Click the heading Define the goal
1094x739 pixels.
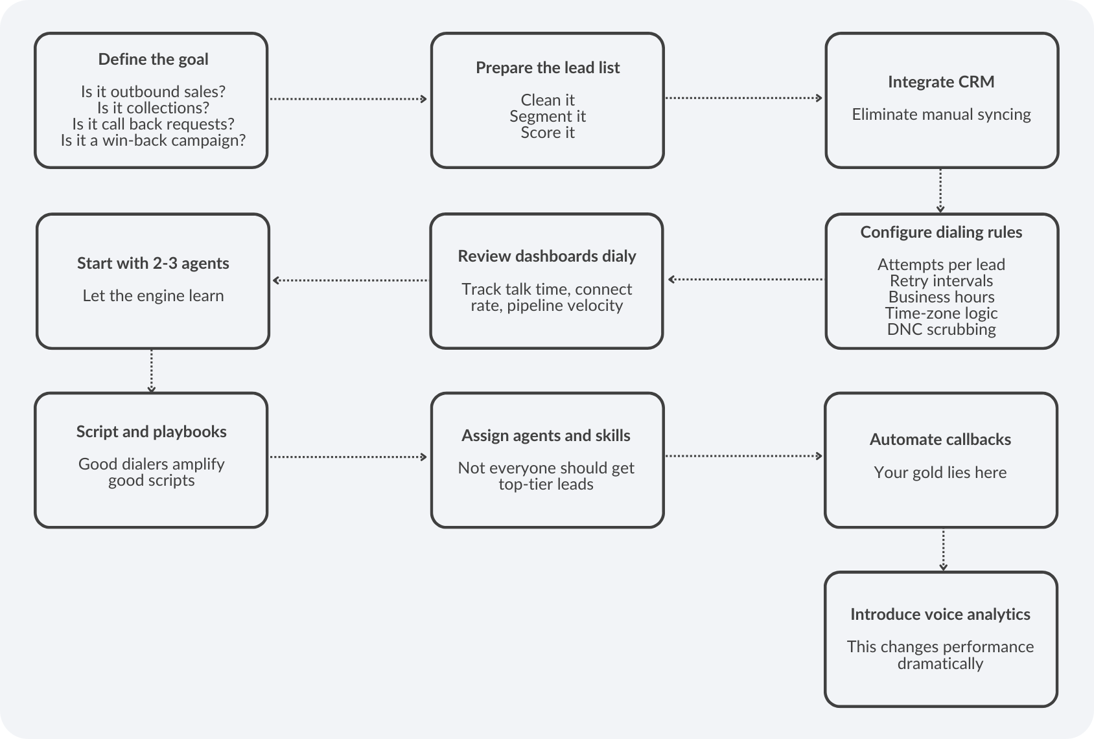(153, 60)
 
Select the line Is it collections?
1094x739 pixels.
(153, 108)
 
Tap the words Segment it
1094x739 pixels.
(547, 117)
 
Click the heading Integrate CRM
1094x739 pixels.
(940, 82)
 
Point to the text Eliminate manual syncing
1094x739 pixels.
(940, 115)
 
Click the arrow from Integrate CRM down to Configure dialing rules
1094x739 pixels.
(940, 190)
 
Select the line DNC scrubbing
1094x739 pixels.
(941, 330)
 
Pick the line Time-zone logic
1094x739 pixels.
(941, 313)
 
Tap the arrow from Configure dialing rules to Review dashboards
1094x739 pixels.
(745, 280)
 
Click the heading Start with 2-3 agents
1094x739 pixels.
(153, 264)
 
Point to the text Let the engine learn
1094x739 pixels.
(153, 296)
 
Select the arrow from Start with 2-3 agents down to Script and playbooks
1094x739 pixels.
(152, 370)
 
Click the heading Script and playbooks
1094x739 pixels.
(151, 432)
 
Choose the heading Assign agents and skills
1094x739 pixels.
(546, 436)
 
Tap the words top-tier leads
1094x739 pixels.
(546, 484)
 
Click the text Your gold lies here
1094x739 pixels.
(940, 473)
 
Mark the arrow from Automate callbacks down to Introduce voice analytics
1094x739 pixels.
(943, 550)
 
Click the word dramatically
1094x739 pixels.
(940, 664)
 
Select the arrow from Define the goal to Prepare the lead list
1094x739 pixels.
(349, 99)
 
